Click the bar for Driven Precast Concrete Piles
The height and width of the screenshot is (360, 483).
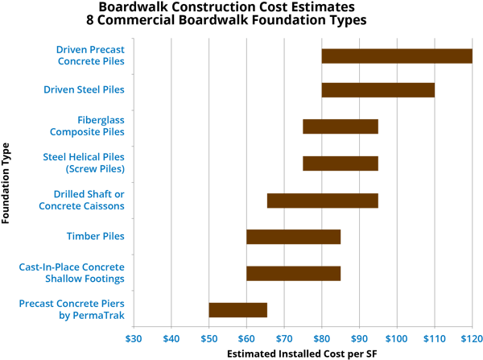(397, 56)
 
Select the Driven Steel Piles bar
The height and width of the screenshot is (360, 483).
(378, 89)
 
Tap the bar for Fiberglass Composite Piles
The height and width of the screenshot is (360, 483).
(341, 126)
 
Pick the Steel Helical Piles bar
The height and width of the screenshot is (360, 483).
(341, 163)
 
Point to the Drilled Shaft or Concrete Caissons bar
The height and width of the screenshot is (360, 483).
(322, 201)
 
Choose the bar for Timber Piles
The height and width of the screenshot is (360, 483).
(294, 237)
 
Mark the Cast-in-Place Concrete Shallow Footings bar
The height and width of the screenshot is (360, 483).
(294, 273)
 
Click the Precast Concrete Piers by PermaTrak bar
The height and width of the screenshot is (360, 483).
(238, 310)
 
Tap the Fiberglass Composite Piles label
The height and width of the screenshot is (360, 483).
(88, 126)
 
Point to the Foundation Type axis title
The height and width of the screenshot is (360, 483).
(7, 183)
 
